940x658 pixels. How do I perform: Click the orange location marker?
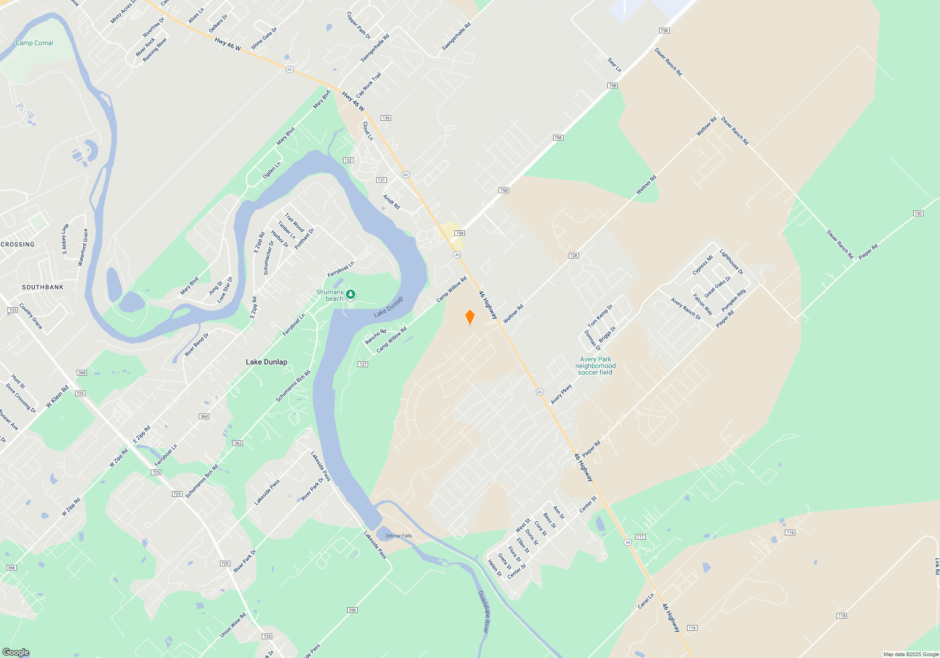[x=470, y=317]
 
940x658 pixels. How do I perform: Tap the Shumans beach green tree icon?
[x=351, y=295]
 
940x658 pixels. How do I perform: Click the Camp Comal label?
[x=34, y=43]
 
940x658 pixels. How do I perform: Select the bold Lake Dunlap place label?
[x=266, y=362]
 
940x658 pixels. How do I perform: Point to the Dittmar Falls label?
[x=399, y=536]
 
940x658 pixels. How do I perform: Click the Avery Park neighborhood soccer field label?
[x=595, y=366]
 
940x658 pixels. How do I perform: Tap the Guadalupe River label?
[x=484, y=611]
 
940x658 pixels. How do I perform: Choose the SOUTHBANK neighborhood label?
[x=43, y=287]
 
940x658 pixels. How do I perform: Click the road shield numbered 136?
[x=386, y=118]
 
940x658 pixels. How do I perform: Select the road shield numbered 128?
[x=573, y=256]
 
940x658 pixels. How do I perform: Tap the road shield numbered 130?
[x=918, y=213]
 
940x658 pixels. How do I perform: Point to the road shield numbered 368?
[x=82, y=373]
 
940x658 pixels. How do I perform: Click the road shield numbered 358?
[x=352, y=610]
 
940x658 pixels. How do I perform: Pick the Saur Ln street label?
[x=614, y=65]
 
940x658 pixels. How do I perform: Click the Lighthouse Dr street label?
[x=731, y=262]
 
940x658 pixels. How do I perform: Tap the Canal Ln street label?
[x=646, y=601]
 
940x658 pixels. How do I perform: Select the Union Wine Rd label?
[x=233, y=625]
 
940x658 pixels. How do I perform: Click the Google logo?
[x=16, y=652]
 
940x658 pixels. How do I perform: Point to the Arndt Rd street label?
[x=391, y=202]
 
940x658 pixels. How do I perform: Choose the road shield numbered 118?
[x=841, y=615]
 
